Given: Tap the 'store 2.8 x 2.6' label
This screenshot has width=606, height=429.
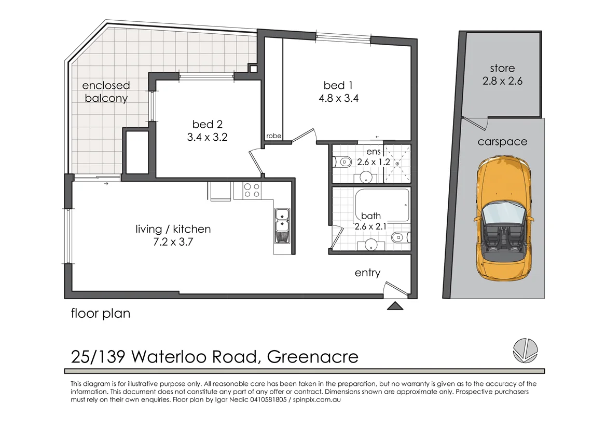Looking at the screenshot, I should click(502, 74).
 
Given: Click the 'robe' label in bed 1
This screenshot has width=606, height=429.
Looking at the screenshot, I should click(273, 136).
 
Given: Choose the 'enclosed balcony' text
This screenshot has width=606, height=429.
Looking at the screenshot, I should click(105, 91).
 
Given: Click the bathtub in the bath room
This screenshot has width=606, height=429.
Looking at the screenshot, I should click(381, 203).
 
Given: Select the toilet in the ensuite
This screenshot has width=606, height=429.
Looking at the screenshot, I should click(342, 163).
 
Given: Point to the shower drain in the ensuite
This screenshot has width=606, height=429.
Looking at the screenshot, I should click(397, 164).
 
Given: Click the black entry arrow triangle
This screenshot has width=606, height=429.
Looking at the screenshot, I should click(395, 306).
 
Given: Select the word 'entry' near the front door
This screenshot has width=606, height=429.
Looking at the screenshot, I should click(367, 273).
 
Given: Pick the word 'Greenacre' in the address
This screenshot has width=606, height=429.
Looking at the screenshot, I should click(312, 357).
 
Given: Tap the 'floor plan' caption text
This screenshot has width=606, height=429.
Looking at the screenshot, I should click(101, 314).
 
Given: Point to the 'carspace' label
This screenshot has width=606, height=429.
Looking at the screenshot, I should click(502, 142).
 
